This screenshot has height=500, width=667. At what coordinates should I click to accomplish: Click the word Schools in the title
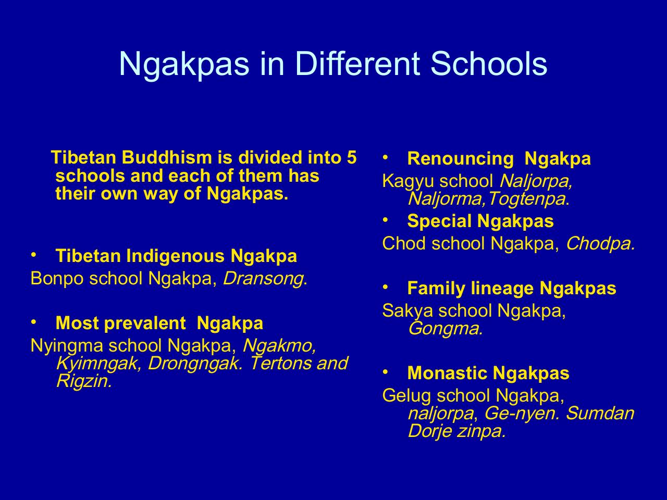point(489,64)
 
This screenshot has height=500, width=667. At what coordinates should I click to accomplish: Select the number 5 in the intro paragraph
point(351,158)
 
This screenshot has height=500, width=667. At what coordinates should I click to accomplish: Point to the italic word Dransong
point(263,279)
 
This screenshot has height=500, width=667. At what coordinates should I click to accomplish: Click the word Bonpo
point(57,279)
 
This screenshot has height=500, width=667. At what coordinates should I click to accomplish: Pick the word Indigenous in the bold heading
point(175,256)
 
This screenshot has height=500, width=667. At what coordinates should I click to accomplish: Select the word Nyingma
point(67,346)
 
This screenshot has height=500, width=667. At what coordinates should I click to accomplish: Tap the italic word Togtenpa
point(527,199)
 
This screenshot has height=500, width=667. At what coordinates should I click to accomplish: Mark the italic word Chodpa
point(600,244)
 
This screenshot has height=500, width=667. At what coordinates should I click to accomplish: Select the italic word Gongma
point(445,329)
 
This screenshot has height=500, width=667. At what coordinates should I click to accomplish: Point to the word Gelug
point(406,396)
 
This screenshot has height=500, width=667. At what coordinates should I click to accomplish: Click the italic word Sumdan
point(600,414)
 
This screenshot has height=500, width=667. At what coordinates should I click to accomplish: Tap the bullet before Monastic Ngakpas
point(385,371)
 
